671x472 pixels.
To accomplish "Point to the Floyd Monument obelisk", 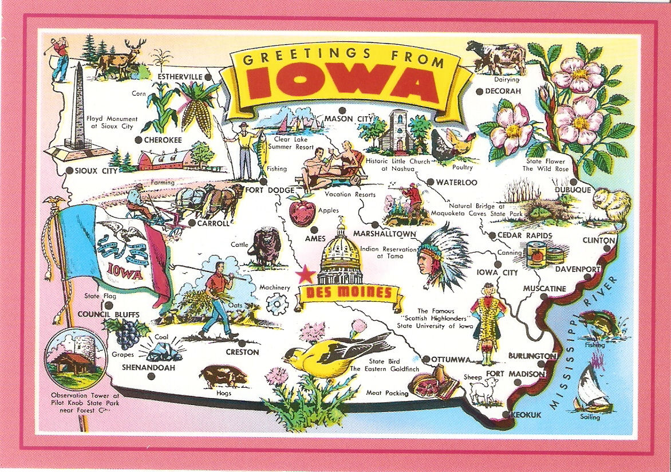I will click(79, 109).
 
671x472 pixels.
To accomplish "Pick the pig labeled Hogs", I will click(223, 376).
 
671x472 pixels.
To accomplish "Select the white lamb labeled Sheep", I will click(480, 391).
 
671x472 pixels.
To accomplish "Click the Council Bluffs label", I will click(108, 314).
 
